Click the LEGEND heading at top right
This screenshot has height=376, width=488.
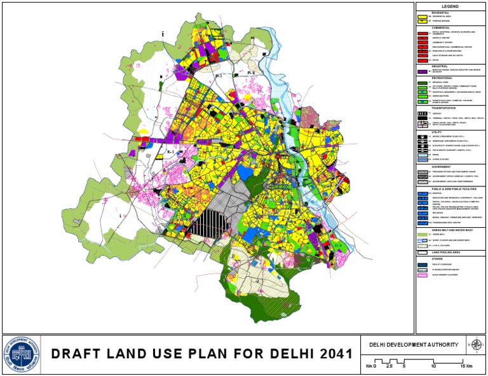point(450,6)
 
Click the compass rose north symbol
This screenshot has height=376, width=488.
point(475,345)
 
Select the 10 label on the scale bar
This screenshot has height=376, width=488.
point(433,367)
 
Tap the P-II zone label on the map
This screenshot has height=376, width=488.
point(250,74)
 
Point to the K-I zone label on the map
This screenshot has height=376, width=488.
point(170,153)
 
